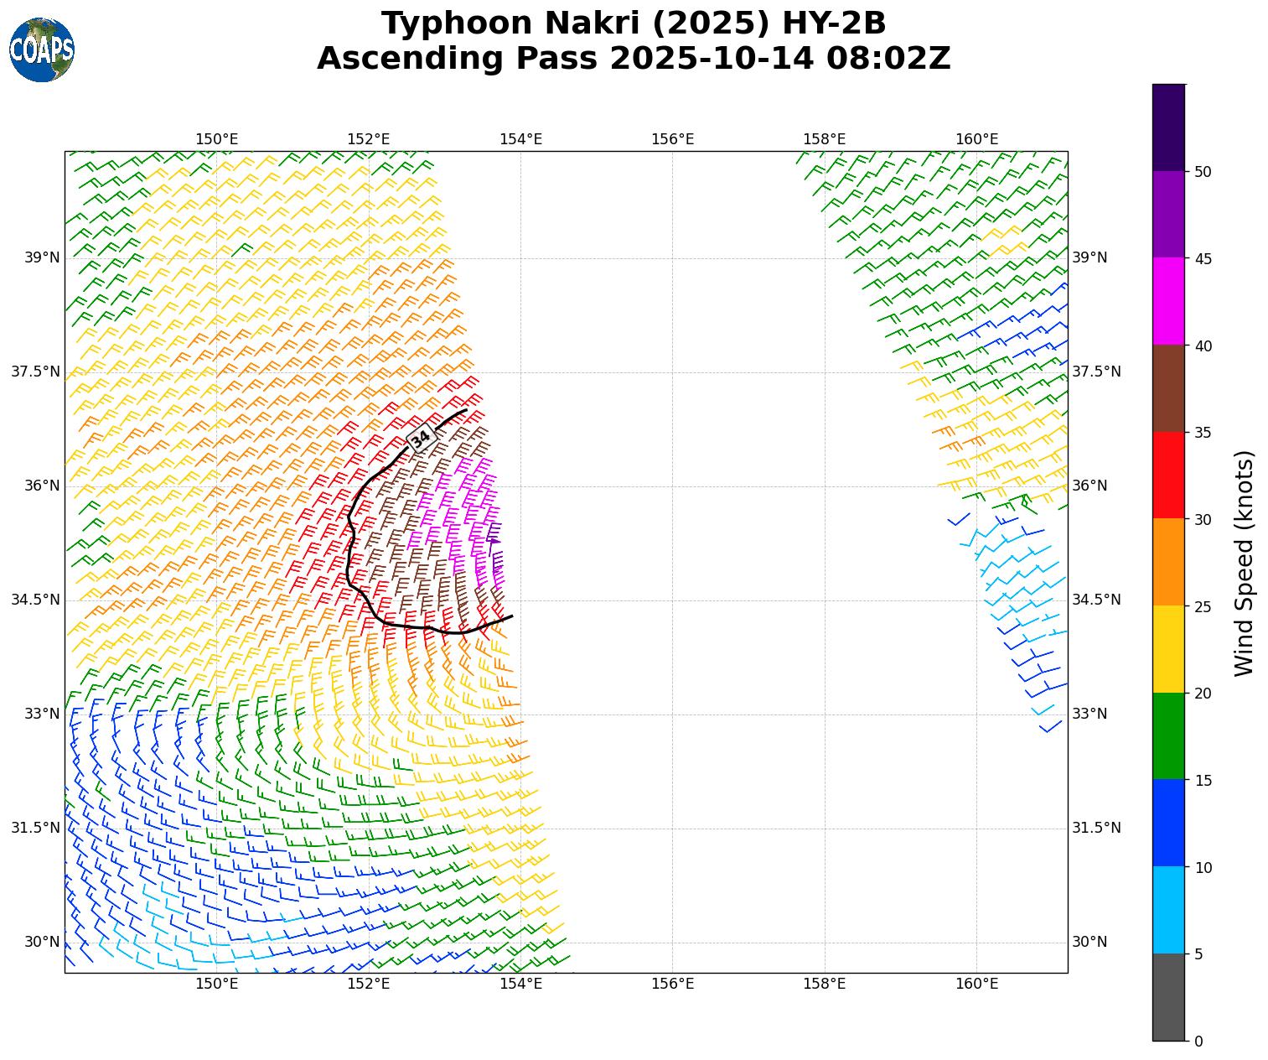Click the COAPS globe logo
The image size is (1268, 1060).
(42, 49)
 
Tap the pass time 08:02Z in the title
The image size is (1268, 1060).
(888, 59)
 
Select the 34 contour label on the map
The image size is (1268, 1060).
(421, 438)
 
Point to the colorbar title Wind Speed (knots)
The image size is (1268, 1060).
(1245, 563)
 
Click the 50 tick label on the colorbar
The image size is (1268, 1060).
(1203, 172)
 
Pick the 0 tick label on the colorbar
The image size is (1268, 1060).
(1198, 1041)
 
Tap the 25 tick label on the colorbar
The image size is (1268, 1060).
(1203, 606)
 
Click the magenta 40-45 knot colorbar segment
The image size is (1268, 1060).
(1168, 301)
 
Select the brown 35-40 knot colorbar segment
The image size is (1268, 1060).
(1168, 388)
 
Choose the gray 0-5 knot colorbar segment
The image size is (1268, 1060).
(1168, 997)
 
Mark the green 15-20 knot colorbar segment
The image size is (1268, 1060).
(1168, 735)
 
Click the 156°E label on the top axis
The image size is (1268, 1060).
(672, 139)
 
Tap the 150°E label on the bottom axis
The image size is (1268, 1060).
(217, 984)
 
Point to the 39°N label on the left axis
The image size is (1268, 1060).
(42, 257)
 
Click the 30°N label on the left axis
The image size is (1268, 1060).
(42, 942)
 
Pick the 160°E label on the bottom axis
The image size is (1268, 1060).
(976, 984)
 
